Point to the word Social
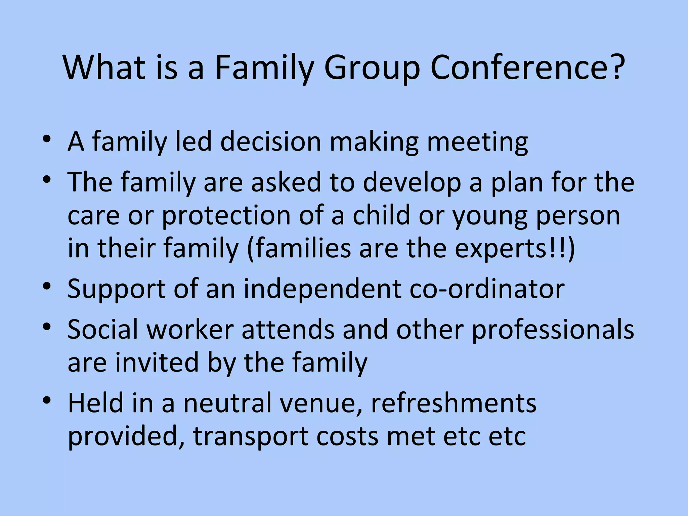103,329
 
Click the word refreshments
454,403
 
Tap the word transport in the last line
251,437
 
